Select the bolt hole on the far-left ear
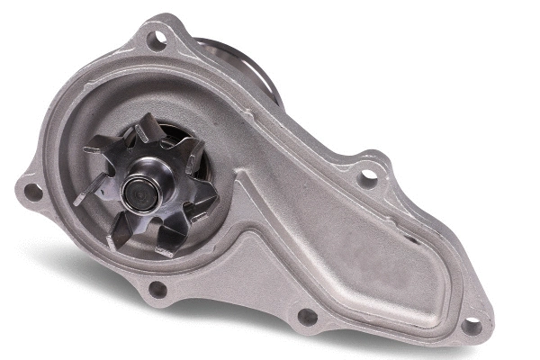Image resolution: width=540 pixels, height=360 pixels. (32, 191)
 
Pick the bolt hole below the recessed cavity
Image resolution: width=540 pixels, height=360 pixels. (307, 317)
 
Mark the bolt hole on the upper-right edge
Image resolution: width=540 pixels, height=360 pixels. (367, 177)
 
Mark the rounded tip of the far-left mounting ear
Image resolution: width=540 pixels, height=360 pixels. (20, 189)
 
